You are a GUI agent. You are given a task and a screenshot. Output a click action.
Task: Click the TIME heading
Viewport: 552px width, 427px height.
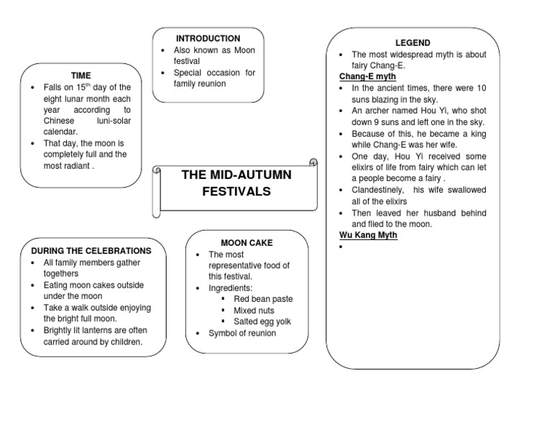(x=80, y=75)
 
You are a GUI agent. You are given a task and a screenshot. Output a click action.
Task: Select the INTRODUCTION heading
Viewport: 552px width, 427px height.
(x=208, y=38)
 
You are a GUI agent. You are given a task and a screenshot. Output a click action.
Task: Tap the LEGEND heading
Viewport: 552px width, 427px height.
(x=413, y=43)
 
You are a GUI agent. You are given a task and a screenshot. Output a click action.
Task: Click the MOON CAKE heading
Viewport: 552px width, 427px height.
(x=247, y=243)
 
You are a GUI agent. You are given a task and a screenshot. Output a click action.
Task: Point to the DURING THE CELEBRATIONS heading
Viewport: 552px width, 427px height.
(x=91, y=251)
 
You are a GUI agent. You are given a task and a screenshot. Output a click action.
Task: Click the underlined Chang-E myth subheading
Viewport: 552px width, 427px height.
(x=367, y=76)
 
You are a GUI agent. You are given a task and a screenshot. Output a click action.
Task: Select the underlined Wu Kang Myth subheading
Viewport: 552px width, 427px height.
(x=368, y=235)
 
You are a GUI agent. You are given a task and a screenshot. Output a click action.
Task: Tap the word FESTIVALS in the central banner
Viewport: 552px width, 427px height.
(x=236, y=191)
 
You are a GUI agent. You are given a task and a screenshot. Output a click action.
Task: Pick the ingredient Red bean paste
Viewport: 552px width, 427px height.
(x=263, y=299)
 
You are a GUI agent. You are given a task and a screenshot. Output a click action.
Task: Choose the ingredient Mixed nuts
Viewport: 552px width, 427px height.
(x=254, y=311)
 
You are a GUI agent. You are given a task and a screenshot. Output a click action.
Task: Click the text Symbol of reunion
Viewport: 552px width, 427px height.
(x=242, y=334)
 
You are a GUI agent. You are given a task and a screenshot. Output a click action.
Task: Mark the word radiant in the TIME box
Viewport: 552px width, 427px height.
(x=78, y=165)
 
